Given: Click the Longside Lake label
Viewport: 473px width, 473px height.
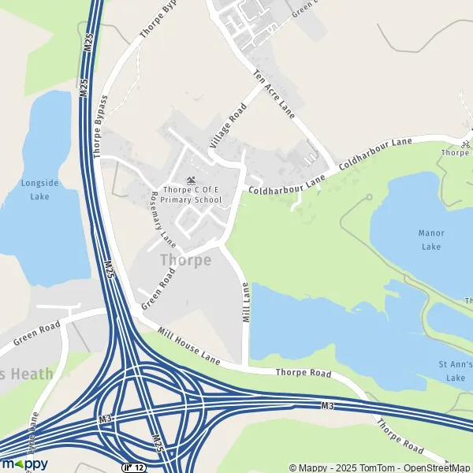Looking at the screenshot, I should (40, 189).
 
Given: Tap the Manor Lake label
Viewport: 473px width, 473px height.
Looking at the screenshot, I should (431, 240).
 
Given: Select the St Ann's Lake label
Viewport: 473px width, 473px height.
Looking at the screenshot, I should (455, 371).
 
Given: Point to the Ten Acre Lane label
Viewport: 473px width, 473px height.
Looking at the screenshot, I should (274, 95).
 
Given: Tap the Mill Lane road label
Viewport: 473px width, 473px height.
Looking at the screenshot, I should (246, 302).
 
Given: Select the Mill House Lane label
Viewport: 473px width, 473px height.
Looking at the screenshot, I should (188, 347).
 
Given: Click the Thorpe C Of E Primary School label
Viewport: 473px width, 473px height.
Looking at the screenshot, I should (192, 195).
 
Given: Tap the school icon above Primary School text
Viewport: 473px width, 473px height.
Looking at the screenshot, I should (191, 181).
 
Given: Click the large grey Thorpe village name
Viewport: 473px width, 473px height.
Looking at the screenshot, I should (185, 259).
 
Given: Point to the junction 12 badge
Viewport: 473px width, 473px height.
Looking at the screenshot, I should (132, 467).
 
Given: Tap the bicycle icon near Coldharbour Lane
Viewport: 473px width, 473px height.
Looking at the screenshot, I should (466, 144).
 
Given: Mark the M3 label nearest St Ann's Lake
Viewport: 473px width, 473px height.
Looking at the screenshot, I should (328, 405).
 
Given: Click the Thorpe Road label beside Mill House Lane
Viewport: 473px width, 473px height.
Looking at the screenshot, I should (304, 372).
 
